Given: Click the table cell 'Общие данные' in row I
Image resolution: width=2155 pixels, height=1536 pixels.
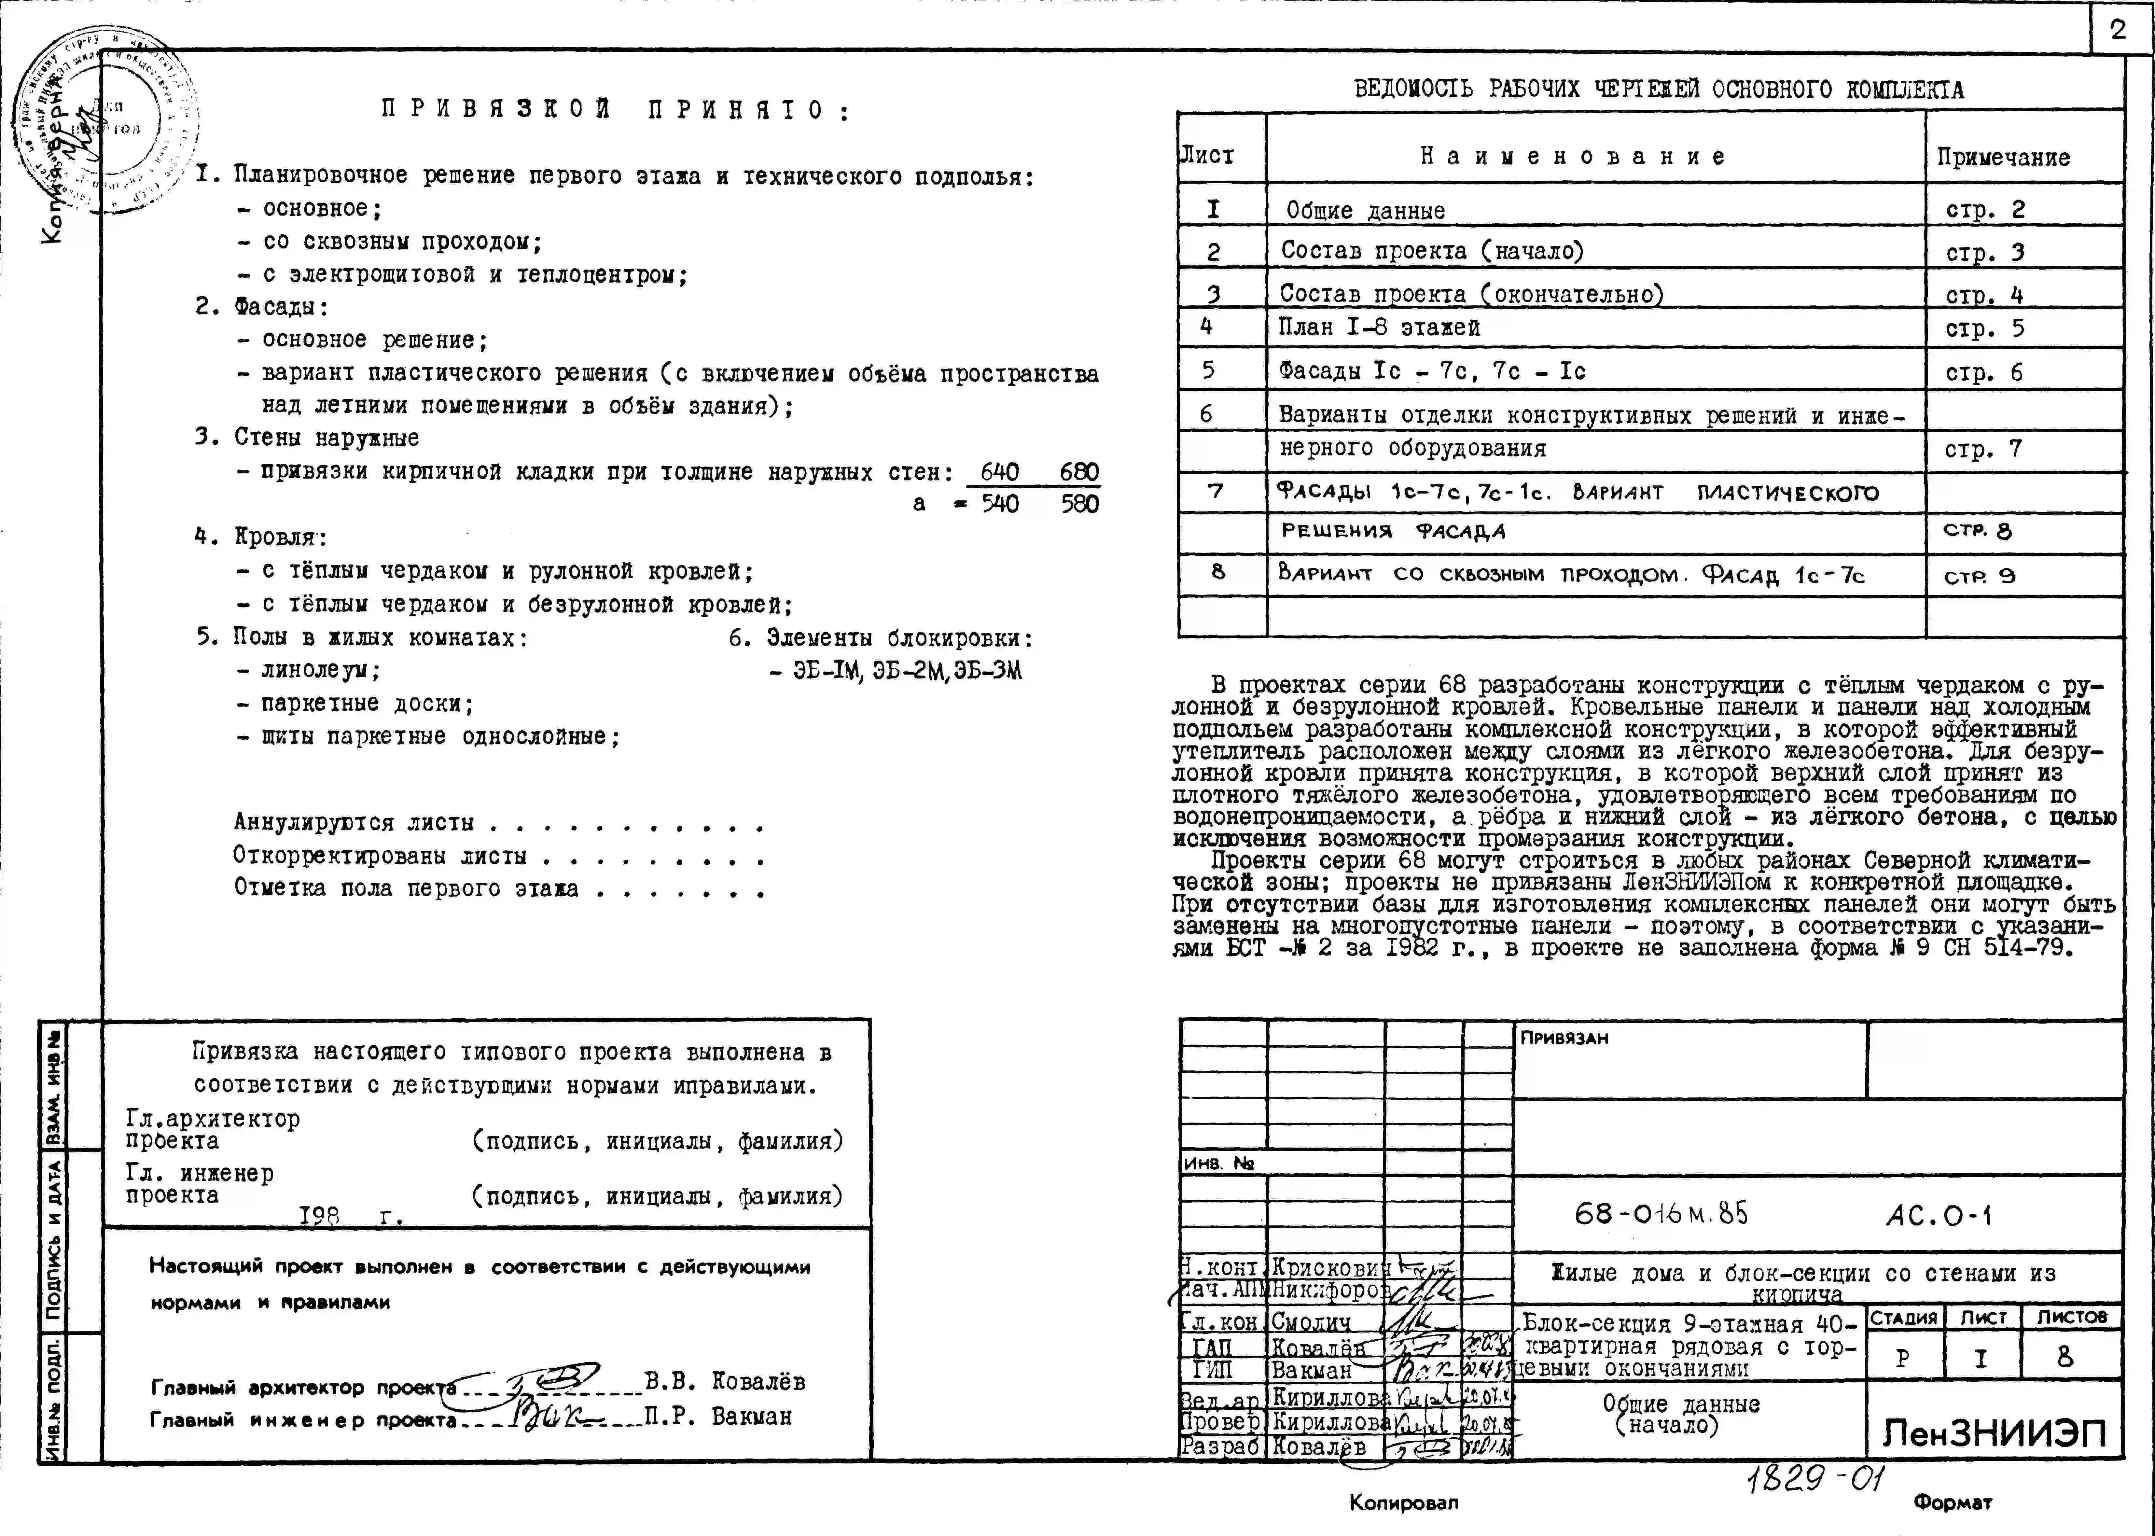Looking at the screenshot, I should tap(1365, 210).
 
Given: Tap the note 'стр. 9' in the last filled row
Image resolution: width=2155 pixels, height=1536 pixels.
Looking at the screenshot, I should tap(1979, 576).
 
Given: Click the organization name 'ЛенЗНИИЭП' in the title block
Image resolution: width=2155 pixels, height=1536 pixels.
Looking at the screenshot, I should tap(1993, 1434).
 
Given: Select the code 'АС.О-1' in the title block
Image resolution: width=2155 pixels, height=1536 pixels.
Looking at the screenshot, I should tap(1939, 1215).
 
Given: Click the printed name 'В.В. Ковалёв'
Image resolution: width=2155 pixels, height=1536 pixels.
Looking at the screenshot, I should tap(725, 1382).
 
